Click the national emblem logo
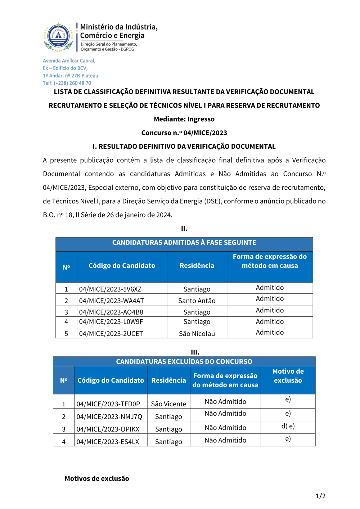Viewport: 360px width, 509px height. click(58, 36)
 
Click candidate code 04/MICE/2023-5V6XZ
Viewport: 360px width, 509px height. click(110, 289)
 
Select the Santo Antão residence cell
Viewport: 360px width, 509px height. click(197, 301)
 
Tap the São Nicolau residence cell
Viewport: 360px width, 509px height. click(197, 333)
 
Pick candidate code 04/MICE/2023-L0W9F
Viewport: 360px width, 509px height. click(111, 321)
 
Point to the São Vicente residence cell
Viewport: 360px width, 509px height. click(168, 404)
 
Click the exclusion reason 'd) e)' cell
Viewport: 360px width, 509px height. click(288, 426)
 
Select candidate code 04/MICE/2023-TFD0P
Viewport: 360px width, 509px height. click(108, 404)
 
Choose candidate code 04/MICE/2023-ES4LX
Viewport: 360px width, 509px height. click(108, 442)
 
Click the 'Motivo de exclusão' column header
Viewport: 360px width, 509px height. click(288, 376)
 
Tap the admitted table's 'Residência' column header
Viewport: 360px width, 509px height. click(197, 266)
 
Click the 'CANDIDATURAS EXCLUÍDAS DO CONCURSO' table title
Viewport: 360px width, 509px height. click(184, 361)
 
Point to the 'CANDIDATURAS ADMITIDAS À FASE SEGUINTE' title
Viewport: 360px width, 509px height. click(184, 243)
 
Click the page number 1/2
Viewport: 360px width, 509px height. click(320, 496)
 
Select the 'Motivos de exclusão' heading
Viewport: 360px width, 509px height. click(97, 478)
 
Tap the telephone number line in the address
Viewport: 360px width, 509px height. click(67, 83)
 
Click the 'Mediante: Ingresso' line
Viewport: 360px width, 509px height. click(184, 119)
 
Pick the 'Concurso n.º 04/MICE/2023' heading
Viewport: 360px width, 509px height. click(184, 133)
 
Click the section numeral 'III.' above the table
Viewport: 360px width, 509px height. click(195, 352)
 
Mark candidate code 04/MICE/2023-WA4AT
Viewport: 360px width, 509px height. click(111, 301)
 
